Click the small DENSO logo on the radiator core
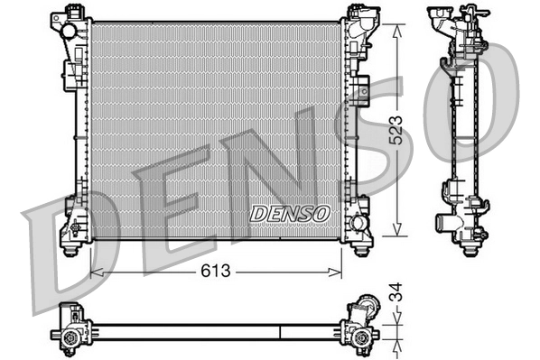(290, 213)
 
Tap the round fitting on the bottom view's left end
(70, 340)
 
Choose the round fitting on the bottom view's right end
(362, 338)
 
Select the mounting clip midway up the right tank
(361, 88)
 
